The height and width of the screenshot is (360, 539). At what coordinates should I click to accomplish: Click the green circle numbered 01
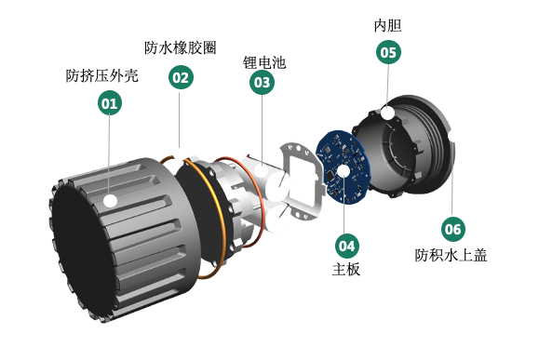(x=110, y=102)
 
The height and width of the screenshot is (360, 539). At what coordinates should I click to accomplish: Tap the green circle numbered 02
(x=181, y=77)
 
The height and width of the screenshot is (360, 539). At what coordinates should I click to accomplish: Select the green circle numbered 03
(x=262, y=82)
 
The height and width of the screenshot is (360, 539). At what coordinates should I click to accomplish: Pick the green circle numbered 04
(x=347, y=246)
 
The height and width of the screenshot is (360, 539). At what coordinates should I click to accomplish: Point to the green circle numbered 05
(x=388, y=52)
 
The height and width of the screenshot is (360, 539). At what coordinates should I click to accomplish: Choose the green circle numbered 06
(x=453, y=229)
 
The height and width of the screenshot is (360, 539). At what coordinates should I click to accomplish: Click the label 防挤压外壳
(x=102, y=76)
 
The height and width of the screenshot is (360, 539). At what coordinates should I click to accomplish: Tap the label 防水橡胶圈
(x=180, y=48)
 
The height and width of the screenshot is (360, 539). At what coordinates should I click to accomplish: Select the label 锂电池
(x=264, y=62)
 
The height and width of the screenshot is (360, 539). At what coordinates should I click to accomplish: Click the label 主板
(x=346, y=269)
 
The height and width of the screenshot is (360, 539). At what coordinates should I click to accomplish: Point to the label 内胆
(x=388, y=26)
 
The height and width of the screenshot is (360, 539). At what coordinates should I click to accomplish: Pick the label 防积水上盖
(x=451, y=255)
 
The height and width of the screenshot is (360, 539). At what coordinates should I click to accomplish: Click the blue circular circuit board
(x=343, y=167)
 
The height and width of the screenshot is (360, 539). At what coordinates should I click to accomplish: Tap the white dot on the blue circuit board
(x=344, y=171)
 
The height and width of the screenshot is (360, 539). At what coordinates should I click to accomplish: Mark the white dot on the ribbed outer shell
(x=111, y=200)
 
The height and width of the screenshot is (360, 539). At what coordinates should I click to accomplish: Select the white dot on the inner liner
(x=388, y=113)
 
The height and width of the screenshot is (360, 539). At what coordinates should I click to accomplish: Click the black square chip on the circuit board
(x=330, y=176)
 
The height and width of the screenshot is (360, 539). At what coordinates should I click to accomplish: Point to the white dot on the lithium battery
(x=261, y=171)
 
